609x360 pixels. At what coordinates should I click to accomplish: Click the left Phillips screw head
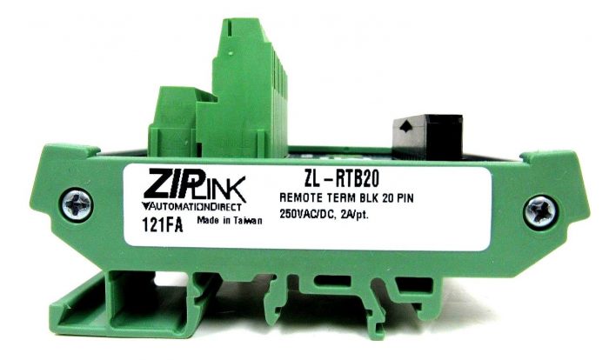point(76,205)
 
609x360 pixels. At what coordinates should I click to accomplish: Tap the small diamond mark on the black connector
point(405,126)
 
